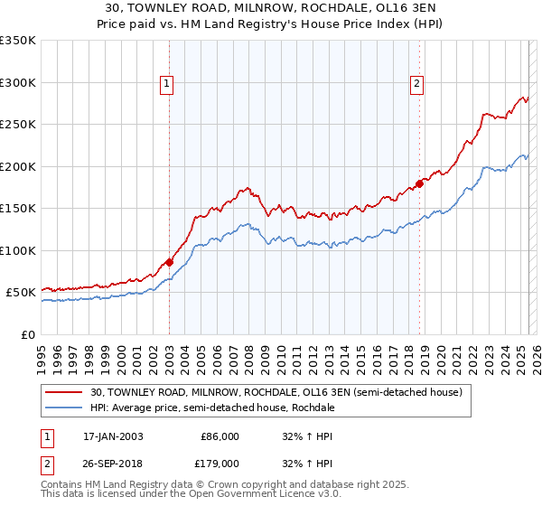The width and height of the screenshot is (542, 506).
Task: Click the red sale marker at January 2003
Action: pos(169,262)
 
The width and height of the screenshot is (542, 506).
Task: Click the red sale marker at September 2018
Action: pos(419,184)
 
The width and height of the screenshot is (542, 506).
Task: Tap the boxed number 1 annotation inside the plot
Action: pos(168,84)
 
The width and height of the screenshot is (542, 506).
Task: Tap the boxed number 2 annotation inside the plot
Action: pos(417,84)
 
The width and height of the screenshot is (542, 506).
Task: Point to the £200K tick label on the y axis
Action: pos(18,166)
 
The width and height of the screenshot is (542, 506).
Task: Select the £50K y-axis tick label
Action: pos(21,293)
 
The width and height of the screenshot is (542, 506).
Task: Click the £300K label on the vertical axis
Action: pos(18,82)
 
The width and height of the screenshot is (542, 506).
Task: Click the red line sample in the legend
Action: pos(65,392)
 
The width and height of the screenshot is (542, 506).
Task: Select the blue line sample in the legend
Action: pos(65,408)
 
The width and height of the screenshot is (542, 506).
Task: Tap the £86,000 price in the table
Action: pos(220,436)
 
